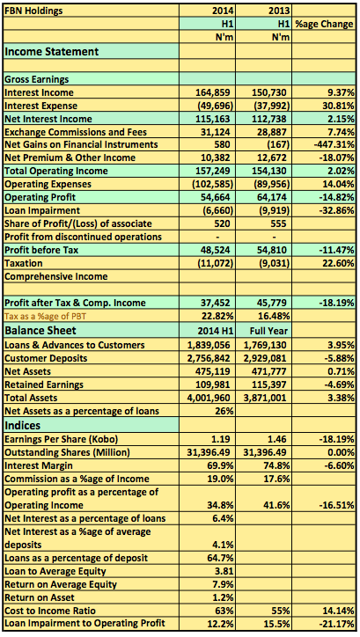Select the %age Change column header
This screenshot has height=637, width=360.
(x=324, y=24)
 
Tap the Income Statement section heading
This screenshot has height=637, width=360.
(x=52, y=52)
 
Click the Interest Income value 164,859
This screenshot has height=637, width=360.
(x=214, y=92)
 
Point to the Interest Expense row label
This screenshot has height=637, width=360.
(x=40, y=106)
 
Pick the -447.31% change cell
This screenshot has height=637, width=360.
(x=334, y=144)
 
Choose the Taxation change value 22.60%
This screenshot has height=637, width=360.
(x=339, y=263)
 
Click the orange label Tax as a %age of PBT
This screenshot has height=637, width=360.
(x=46, y=316)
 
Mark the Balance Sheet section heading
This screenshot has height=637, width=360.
(x=40, y=330)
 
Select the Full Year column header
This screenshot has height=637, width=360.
(x=268, y=331)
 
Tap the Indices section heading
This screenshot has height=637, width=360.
(x=23, y=425)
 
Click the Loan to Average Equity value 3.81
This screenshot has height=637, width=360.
(x=224, y=571)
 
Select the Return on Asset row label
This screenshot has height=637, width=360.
(x=40, y=597)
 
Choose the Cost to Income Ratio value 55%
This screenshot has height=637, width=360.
(x=281, y=611)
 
